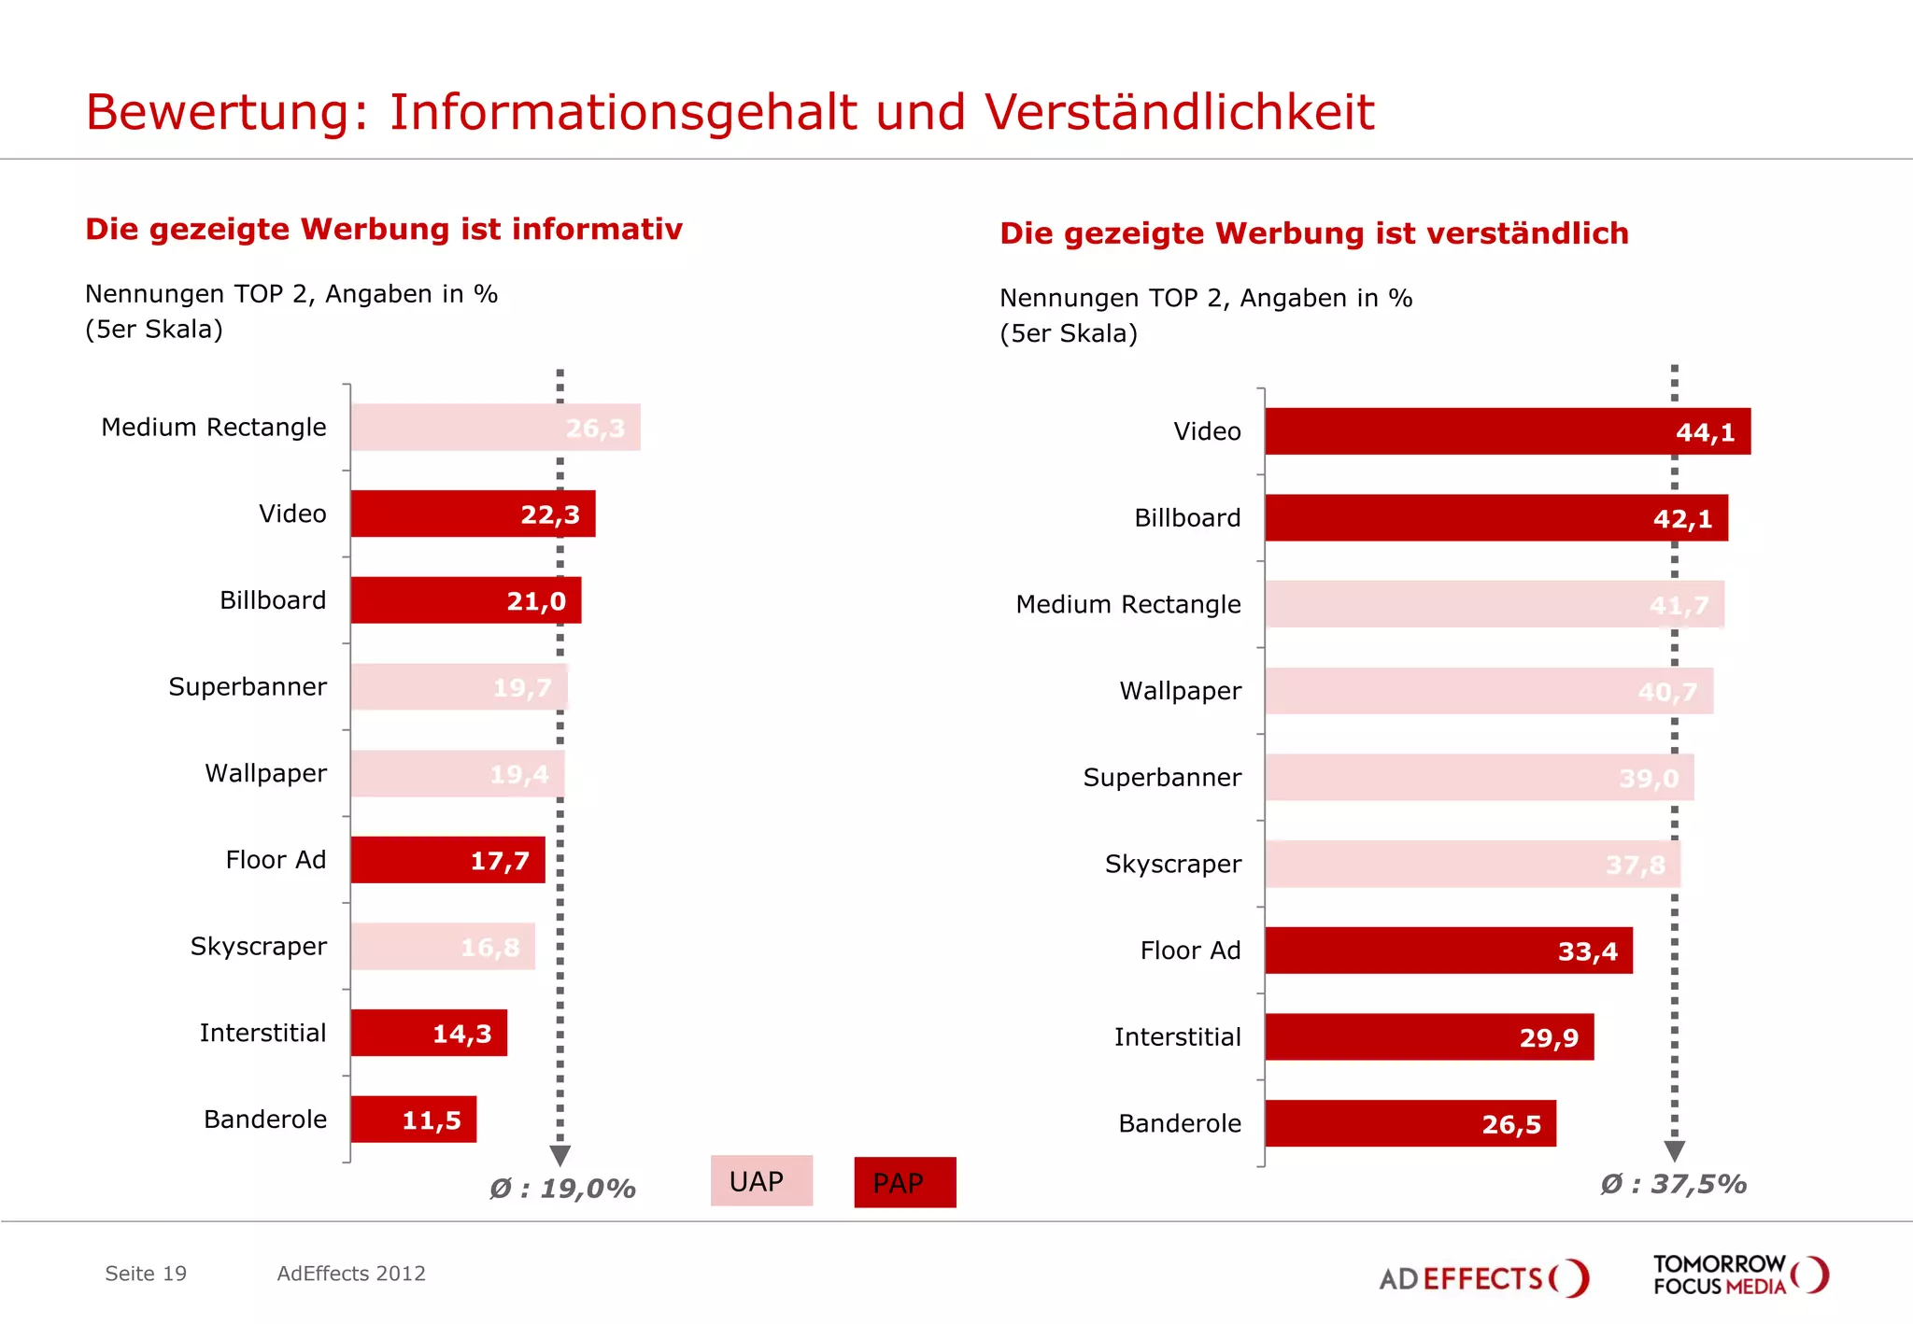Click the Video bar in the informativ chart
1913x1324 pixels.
point(472,514)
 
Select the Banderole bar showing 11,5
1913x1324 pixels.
point(413,1120)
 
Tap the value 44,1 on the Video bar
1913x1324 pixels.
point(1705,432)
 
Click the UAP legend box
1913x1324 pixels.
point(760,1181)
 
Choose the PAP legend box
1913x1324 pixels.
point(904,1183)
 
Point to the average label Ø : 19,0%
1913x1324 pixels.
point(562,1189)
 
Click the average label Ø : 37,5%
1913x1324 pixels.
point(1673,1184)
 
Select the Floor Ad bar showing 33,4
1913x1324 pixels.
point(1448,951)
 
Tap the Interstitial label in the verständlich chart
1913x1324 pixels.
point(1177,1037)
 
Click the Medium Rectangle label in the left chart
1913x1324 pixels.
point(214,428)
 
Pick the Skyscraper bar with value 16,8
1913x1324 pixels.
point(442,947)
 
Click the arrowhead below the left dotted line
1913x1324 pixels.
point(560,1156)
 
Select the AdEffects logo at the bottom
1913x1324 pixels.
point(1483,1277)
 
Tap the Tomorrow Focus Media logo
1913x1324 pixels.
point(1739,1275)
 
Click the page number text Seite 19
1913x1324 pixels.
point(146,1274)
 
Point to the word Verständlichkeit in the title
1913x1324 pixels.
point(1179,113)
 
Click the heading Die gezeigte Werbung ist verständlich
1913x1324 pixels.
point(1313,233)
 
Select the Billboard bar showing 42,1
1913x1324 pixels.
point(1495,518)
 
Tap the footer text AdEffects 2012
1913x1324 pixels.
point(351,1274)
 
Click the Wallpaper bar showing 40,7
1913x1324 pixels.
point(1489,692)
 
